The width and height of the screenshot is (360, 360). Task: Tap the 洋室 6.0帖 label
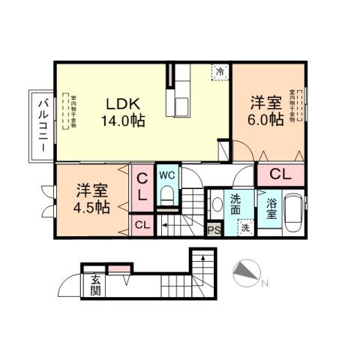pyautogui.click(x=266, y=110)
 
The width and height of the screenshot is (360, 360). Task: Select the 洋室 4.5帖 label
pyautogui.click(x=91, y=198)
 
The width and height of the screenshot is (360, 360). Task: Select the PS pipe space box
pyautogui.click(x=214, y=230)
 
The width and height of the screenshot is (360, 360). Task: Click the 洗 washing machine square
pyautogui.click(x=245, y=229)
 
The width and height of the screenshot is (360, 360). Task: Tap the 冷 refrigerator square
pyautogui.click(x=220, y=71)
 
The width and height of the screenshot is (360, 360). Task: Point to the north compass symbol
pyautogui.click(x=244, y=274)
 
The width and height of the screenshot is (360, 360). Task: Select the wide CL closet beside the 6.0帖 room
pyautogui.click(x=280, y=175)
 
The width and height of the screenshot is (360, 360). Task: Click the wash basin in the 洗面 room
pyautogui.click(x=216, y=205)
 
